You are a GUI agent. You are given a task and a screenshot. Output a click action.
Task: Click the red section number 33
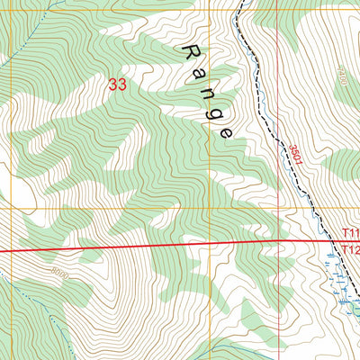tap(116, 85)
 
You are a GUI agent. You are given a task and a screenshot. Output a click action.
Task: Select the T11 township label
tap(350, 232)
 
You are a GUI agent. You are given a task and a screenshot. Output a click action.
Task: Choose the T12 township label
tap(350, 248)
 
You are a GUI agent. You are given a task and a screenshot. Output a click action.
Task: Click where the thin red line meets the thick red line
tap(278, 241)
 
